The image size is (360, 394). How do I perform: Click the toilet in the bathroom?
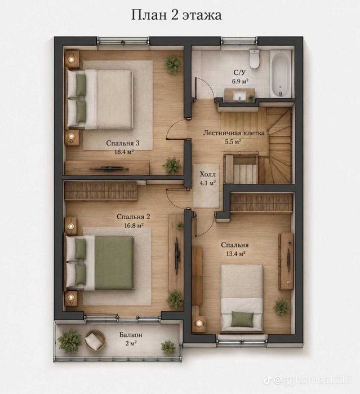tap(254, 59)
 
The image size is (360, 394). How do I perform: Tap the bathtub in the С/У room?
tap(281, 74)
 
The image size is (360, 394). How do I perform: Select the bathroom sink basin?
tap(239, 95)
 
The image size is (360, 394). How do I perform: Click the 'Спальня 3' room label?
tap(123, 143)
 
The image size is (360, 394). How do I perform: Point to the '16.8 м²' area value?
tap(134, 225)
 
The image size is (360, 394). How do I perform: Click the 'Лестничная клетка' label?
tap(234, 132)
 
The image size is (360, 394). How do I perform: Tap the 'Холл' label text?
tap(207, 174)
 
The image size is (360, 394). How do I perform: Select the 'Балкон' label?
tap(131, 335)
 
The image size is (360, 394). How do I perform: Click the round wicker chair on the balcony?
tap(95, 340)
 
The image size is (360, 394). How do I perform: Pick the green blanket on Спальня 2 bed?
tap(114, 263)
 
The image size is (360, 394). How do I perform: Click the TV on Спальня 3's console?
tap(109, 169)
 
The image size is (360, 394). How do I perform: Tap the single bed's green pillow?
tap(242, 319)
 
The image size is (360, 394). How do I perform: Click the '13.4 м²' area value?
tap(235, 254)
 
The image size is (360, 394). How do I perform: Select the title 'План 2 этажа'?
tap(176, 15)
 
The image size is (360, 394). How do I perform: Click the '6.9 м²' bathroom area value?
tap(240, 81)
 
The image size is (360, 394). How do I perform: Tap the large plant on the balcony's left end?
tap(70, 340)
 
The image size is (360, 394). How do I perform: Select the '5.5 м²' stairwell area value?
tap(233, 141)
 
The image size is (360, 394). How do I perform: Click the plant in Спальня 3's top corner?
tap(172, 64)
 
